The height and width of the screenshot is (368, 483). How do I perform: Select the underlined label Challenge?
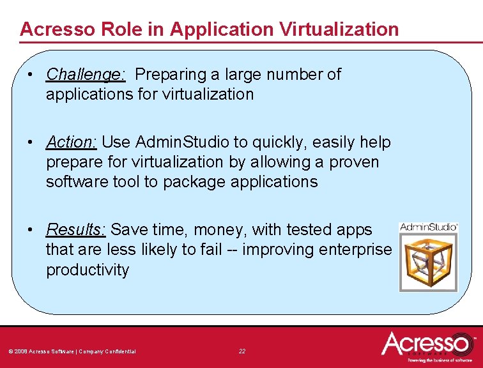coord(86,75)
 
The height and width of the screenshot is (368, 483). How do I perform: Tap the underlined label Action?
coord(71,142)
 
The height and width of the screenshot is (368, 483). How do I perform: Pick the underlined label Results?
coord(76,229)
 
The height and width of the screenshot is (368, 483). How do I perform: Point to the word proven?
coord(354,162)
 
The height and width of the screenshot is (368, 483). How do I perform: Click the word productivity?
coord(87,270)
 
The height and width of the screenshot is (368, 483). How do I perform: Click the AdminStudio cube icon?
coord(428,262)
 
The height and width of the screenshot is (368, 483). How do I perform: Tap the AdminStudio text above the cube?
coord(428,227)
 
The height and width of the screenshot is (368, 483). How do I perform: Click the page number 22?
coord(241,351)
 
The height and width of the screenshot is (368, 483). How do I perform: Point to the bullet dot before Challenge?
coord(31,75)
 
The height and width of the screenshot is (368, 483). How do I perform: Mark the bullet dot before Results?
coord(31,229)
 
